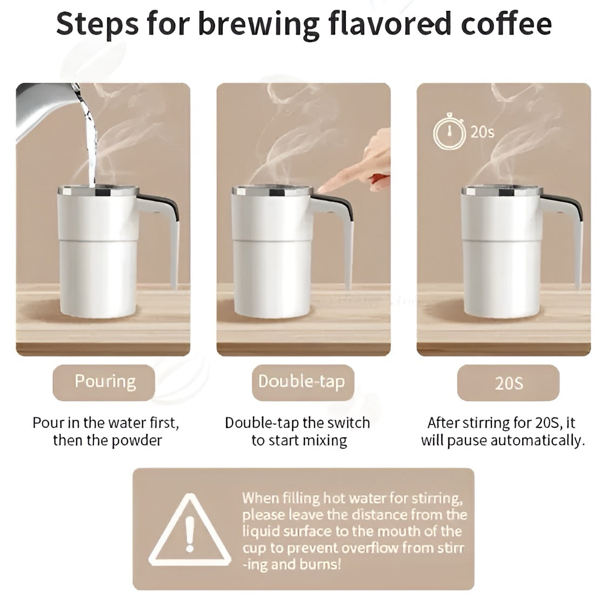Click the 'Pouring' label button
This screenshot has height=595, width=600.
104,382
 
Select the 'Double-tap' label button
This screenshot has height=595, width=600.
301,382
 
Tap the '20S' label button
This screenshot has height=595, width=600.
508,383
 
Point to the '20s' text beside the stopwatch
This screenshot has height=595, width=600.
482,132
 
